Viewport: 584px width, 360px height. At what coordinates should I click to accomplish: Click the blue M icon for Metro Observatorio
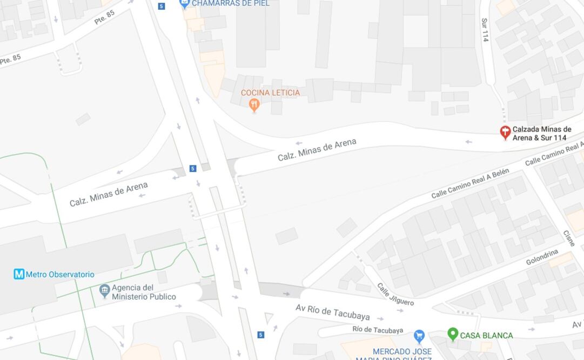[19, 275]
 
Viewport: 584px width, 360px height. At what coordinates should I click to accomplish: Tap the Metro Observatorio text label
[60, 275]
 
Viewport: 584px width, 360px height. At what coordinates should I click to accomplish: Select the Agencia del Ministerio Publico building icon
[105, 292]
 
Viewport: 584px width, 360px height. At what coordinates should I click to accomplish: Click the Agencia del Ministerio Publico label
[144, 292]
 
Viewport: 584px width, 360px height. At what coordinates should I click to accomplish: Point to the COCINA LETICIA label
[270, 92]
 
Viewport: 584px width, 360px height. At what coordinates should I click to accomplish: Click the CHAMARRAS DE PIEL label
[231, 3]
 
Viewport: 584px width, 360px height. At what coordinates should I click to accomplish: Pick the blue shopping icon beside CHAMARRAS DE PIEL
[185, 4]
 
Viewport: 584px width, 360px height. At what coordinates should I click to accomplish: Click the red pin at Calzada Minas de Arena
[505, 132]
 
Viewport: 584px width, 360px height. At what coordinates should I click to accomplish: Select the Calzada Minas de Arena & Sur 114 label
[541, 134]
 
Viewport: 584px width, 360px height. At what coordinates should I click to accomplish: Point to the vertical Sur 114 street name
[485, 30]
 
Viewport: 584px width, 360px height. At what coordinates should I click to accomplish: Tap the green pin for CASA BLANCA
[453, 335]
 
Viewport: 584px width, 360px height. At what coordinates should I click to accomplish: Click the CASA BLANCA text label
[486, 336]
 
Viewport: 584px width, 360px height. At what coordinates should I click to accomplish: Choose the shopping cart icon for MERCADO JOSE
[419, 336]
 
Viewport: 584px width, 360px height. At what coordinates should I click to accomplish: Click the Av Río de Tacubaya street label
[333, 312]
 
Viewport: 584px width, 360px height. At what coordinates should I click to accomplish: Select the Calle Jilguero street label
[395, 294]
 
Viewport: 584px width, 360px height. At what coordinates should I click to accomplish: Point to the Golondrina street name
[542, 257]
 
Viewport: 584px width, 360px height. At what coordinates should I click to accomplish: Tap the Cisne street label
[569, 238]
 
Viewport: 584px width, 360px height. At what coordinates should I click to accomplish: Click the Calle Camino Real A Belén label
[470, 184]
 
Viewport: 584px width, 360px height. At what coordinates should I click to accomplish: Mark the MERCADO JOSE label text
[402, 352]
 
